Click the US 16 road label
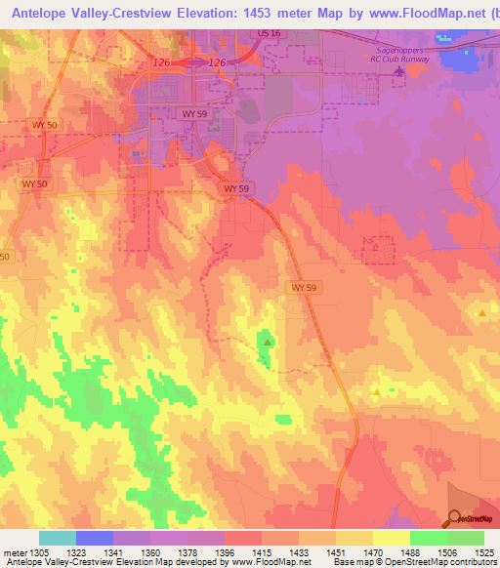pyautogui.click(x=270, y=33)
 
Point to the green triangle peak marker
pyautogui.click(x=268, y=343)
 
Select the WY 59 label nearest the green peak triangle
pyautogui.click(x=304, y=288)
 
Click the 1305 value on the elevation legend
pyautogui.click(x=38, y=552)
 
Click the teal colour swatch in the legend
pyautogui.click(x=57, y=538)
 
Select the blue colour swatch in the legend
pyautogui.click(x=94, y=538)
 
